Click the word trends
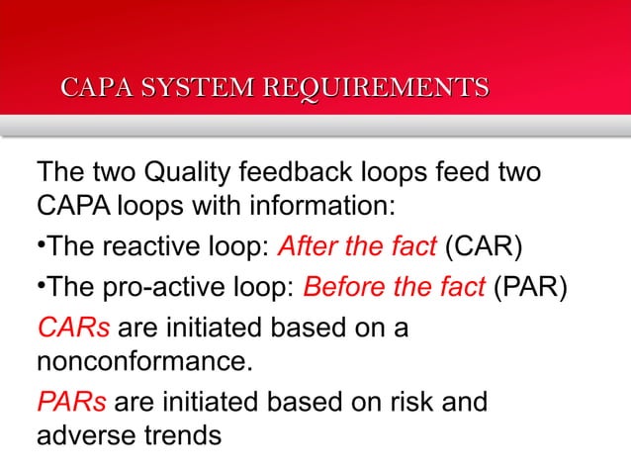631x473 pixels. click(180, 434)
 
